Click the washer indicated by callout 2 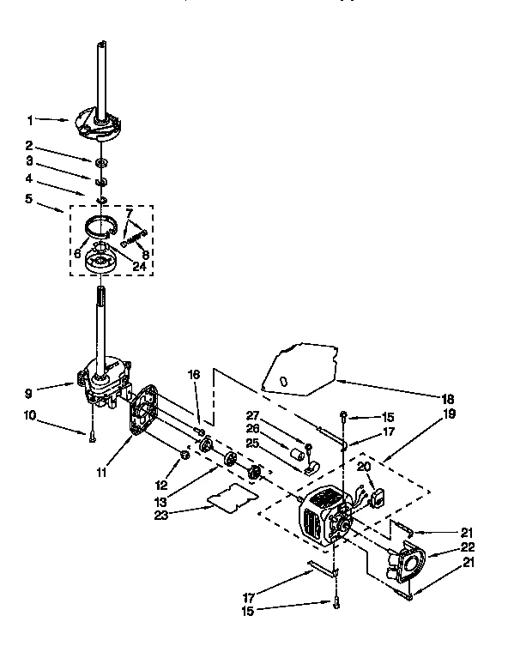point(102,162)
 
